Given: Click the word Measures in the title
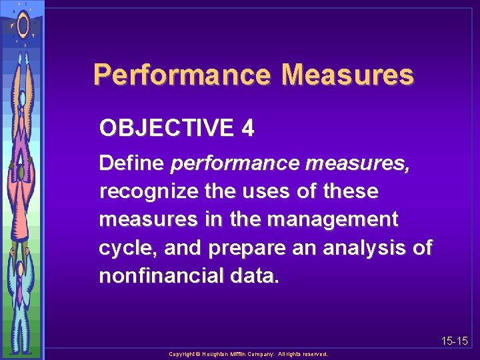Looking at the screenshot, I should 348,75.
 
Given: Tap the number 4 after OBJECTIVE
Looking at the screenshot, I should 247,128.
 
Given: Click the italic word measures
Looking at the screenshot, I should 359,163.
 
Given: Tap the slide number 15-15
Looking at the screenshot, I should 454,341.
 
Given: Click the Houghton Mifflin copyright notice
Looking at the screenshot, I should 248,354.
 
